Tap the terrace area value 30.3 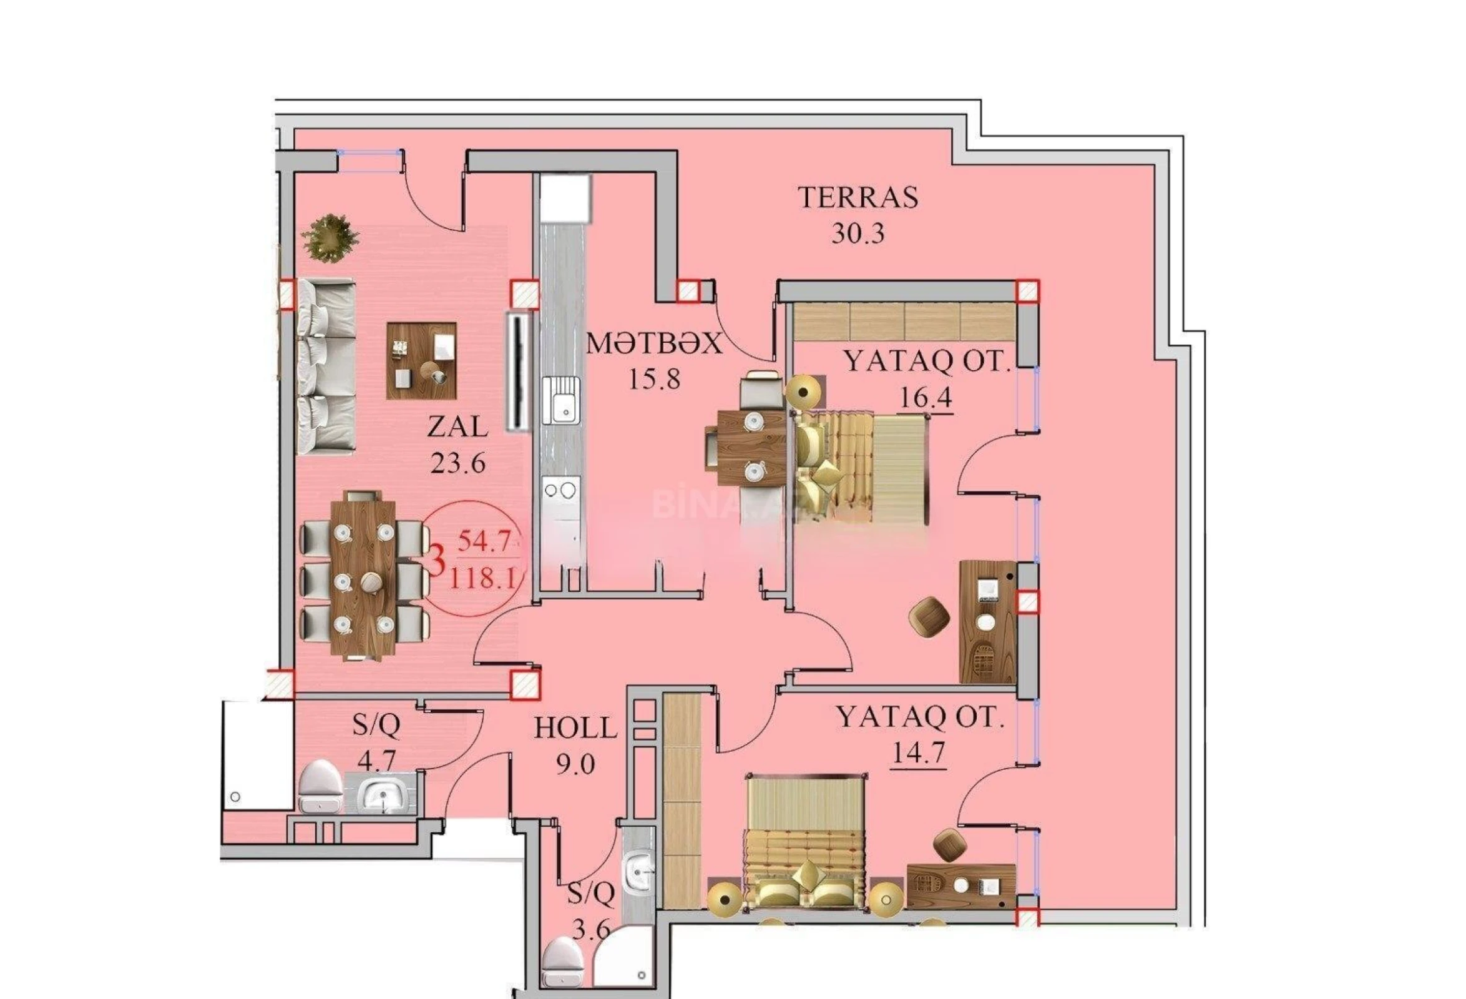click(x=858, y=234)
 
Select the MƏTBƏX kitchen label click(x=654, y=345)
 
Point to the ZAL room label click(x=457, y=427)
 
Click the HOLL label click(x=575, y=728)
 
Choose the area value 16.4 click(x=926, y=398)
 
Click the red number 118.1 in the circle click(x=483, y=578)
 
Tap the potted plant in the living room click(x=331, y=237)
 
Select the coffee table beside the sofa click(x=421, y=360)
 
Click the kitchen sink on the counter click(x=560, y=399)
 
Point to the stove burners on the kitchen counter click(x=561, y=490)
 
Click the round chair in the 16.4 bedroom click(x=930, y=616)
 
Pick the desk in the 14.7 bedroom click(x=960, y=887)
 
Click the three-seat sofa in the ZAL click(x=326, y=367)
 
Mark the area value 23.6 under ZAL click(x=457, y=464)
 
